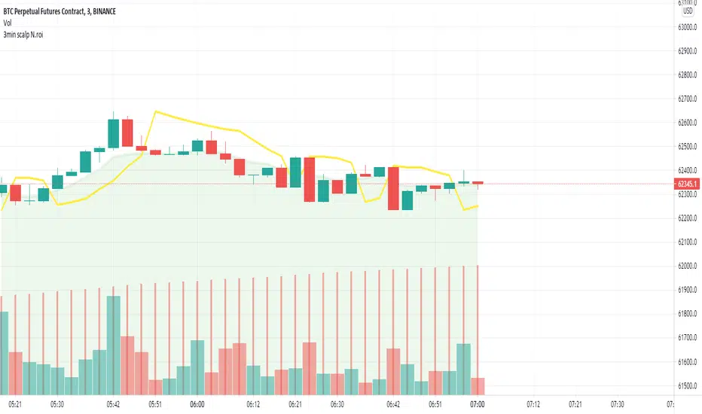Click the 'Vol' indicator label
[x=10, y=23]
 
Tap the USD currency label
[x=688, y=11]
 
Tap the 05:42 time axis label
[x=114, y=404]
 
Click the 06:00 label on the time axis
[x=198, y=404]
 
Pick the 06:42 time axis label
[x=392, y=404]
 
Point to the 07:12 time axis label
[x=533, y=404]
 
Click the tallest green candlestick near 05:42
[x=114, y=132]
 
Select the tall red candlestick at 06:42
[x=392, y=188]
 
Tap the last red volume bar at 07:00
[x=478, y=386]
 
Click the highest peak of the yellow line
[x=155, y=111]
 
